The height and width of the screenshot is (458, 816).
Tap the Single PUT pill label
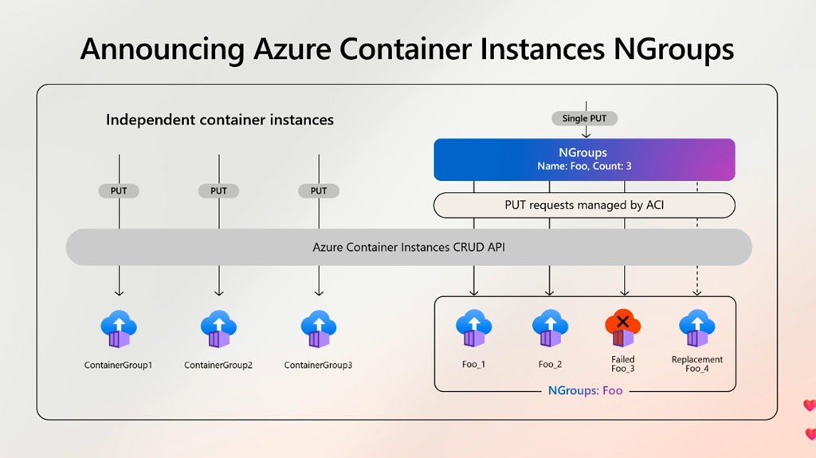585,119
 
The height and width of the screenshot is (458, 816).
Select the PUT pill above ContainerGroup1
119,191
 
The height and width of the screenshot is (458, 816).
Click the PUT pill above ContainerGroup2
218,191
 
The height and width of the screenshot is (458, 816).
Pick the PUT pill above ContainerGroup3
319,191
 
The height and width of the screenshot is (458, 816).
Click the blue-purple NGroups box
584,159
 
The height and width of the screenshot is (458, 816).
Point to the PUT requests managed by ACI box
584,206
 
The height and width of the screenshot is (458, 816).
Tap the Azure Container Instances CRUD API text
408,248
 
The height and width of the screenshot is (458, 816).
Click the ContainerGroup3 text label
319,366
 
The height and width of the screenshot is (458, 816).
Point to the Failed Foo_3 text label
623,364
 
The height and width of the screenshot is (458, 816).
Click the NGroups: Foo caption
585,391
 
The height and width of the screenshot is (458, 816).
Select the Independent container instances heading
220,120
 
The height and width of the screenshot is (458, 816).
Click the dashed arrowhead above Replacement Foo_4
696,292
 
